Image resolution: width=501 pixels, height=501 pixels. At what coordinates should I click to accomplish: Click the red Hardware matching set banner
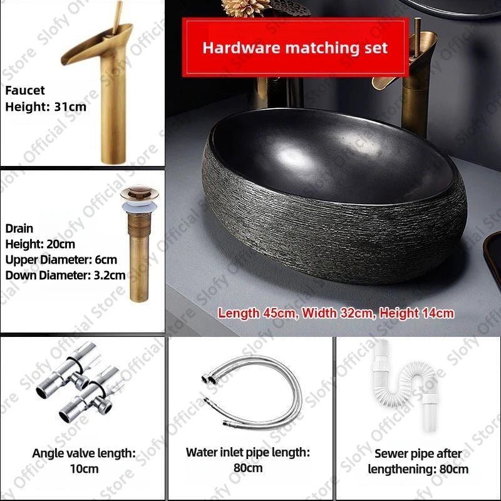[x=295, y=48]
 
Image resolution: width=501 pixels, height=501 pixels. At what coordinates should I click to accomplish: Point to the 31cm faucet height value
[x=69, y=107]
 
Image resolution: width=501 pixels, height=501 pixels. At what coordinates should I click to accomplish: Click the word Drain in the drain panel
[x=19, y=229]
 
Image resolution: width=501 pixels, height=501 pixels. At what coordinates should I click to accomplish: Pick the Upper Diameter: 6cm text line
[x=61, y=259]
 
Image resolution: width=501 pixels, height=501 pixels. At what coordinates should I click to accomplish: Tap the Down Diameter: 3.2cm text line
[x=65, y=275]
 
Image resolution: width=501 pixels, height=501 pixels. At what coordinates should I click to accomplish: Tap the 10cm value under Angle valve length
[x=83, y=468]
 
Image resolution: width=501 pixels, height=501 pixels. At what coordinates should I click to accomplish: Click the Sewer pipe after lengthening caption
[x=418, y=461]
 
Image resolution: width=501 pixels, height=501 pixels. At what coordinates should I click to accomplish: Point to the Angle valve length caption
[x=83, y=453]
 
